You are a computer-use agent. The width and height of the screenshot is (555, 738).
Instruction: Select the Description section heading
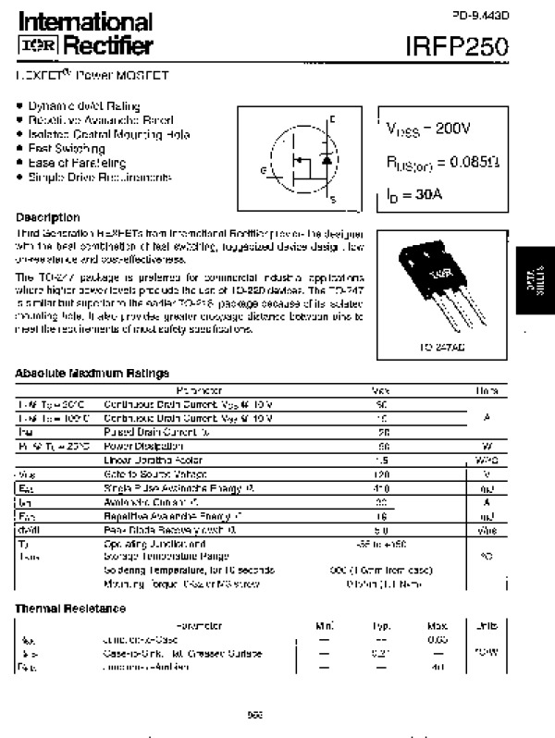point(48,217)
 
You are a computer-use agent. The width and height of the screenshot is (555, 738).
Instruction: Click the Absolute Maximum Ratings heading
point(92,373)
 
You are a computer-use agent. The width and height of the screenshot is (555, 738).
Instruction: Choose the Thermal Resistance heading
point(70,608)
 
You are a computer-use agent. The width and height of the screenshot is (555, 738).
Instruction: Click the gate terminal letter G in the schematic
point(264,170)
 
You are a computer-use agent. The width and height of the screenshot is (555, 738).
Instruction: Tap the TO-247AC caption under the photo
point(429,348)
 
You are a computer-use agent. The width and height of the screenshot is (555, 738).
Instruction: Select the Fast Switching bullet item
point(66,148)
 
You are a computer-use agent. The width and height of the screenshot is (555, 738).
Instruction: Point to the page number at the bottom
point(256,712)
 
